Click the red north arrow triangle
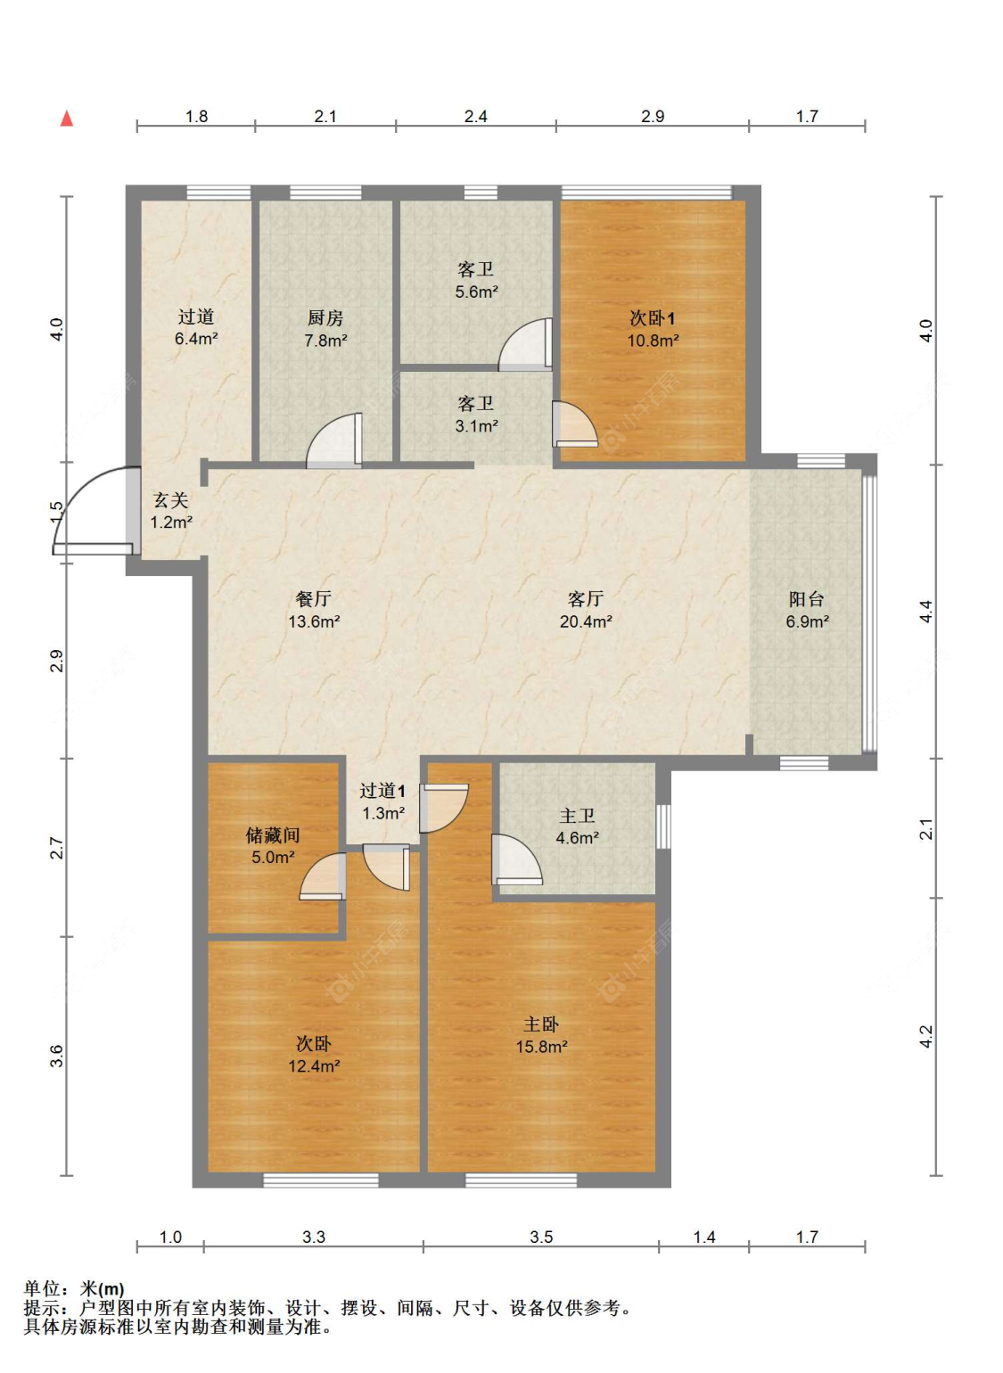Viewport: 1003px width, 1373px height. point(67,119)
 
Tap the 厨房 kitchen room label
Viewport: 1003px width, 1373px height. point(325,318)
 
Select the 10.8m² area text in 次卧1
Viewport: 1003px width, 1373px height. point(653,341)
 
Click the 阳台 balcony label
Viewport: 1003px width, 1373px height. point(807,599)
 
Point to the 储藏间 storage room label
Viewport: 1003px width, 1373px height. point(273,834)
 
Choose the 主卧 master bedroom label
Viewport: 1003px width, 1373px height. point(541,1024)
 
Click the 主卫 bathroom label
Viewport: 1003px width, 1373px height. point(577,815)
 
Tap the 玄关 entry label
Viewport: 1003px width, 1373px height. point(170,500)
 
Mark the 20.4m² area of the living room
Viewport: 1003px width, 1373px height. point(586,621)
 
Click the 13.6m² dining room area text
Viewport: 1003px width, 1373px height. point(315,621)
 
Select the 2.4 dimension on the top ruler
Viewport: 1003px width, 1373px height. point(476,116)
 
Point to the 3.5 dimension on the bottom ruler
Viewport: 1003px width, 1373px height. point(541,1237)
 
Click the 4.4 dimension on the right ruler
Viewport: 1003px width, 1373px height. point(926,611)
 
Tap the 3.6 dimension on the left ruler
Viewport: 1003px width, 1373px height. point(57,1056)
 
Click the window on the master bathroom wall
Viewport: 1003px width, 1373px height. point(663,826)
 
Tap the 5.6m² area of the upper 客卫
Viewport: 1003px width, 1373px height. point(476,292)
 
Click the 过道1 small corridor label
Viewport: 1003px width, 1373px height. point(382,791)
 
